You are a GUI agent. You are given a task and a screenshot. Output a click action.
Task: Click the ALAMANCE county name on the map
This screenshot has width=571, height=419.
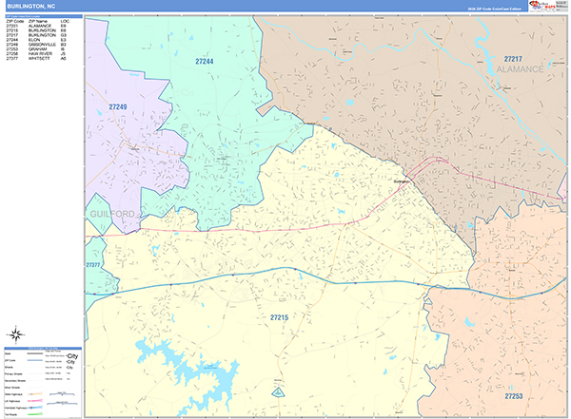pyautogui.click(x=520, y=69)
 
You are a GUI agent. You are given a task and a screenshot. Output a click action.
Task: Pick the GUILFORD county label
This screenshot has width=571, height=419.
pyautogui.click(x=113, y=216)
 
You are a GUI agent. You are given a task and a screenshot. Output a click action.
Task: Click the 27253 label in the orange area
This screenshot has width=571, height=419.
pyautogui.click(x=514, y=396)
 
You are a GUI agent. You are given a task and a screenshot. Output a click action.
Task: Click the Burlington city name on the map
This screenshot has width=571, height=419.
pyautogui.click(x=403, y=180)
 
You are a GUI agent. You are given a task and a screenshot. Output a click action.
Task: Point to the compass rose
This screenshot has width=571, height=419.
pyautogui.click(x=16, y=333)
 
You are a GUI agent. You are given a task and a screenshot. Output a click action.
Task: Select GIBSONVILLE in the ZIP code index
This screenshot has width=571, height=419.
pyautogui.click(x=43, y=44)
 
